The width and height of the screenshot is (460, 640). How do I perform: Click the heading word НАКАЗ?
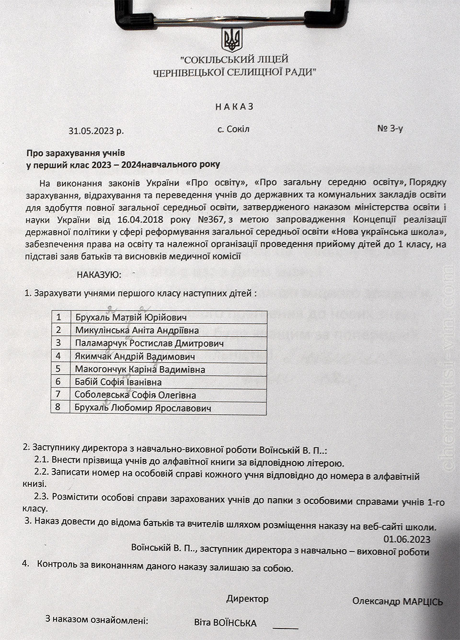(232, 106)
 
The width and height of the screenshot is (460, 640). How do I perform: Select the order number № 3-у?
(391, 129)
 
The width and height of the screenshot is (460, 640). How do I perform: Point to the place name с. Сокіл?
(233, 129)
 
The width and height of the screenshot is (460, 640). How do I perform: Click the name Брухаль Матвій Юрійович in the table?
(131, 317)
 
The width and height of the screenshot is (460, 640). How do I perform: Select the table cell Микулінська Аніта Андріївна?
(137, 330)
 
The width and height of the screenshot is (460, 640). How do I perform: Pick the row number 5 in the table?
(59, 369)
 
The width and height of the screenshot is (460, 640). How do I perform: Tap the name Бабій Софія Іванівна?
(118, 382)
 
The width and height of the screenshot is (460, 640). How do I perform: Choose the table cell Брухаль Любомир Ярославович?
(143, 408)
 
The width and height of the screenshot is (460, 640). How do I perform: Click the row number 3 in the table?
(59, 343)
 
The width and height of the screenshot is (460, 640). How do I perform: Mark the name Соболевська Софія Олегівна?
(136, 395)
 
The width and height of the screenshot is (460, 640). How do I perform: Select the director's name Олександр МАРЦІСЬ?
(397, 601)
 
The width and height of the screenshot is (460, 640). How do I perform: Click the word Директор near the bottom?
(247, 599)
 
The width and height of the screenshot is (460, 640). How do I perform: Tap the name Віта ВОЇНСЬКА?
(225, 623)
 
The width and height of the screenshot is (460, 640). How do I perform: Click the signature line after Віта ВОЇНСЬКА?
(286, 627)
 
